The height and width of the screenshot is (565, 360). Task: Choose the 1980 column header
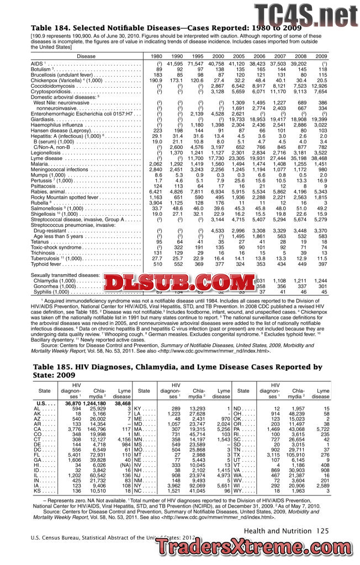click(x=157, y=56)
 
